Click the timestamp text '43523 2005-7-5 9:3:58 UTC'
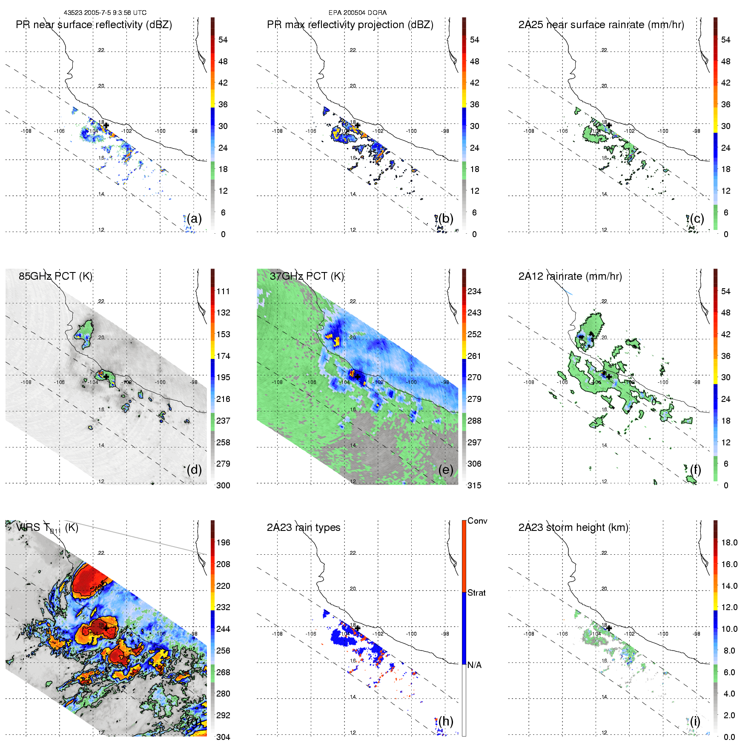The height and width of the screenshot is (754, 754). pyautogui.click(x=105, y=13)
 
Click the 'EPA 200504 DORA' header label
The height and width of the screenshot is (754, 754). pyautogui.click(x=357, y=13)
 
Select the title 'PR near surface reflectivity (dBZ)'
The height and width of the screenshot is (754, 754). pyautogui.click(x=94, y=25)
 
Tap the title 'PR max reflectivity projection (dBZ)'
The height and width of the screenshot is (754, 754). pyautogui.click(x=350, y=25)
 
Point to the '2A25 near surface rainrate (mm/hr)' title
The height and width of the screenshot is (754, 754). pyautogui.click(x=601, y=25)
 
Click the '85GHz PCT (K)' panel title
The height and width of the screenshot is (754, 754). pyautogui.click(x=55, y=276)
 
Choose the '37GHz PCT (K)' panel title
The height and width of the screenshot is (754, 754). pyautogui.click(x=307, y=276)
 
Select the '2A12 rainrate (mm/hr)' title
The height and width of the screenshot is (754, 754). pyautogui.click(x=570, y=276)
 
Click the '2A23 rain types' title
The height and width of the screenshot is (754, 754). pyautogui.click(x=304, y=528)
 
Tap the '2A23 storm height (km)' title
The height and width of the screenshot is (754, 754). pyautogui.click(x=573, y=528)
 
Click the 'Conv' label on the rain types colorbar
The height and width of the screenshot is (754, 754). pyautogui.click(x=477, y=521)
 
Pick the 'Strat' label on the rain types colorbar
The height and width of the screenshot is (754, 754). pyautogui.click(x=476, y=593)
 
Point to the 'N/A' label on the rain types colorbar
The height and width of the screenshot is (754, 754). pyautogui.click(x=475, y=665)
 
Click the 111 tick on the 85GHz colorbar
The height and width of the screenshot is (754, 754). pyautogui.click(x=223, y=292)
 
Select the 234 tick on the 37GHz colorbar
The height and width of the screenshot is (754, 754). pyautogui.click(x=474, y=292)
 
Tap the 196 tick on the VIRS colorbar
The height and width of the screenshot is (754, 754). pyautogui.click(x=223, y=543)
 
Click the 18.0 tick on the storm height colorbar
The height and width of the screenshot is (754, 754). pyautogui.click(x=729, y=543)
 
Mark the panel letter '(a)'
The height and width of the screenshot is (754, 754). pyautogui.click(x=194, y=219)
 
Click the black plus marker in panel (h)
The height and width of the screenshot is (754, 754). pyautogui.click(x=358, y=628)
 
